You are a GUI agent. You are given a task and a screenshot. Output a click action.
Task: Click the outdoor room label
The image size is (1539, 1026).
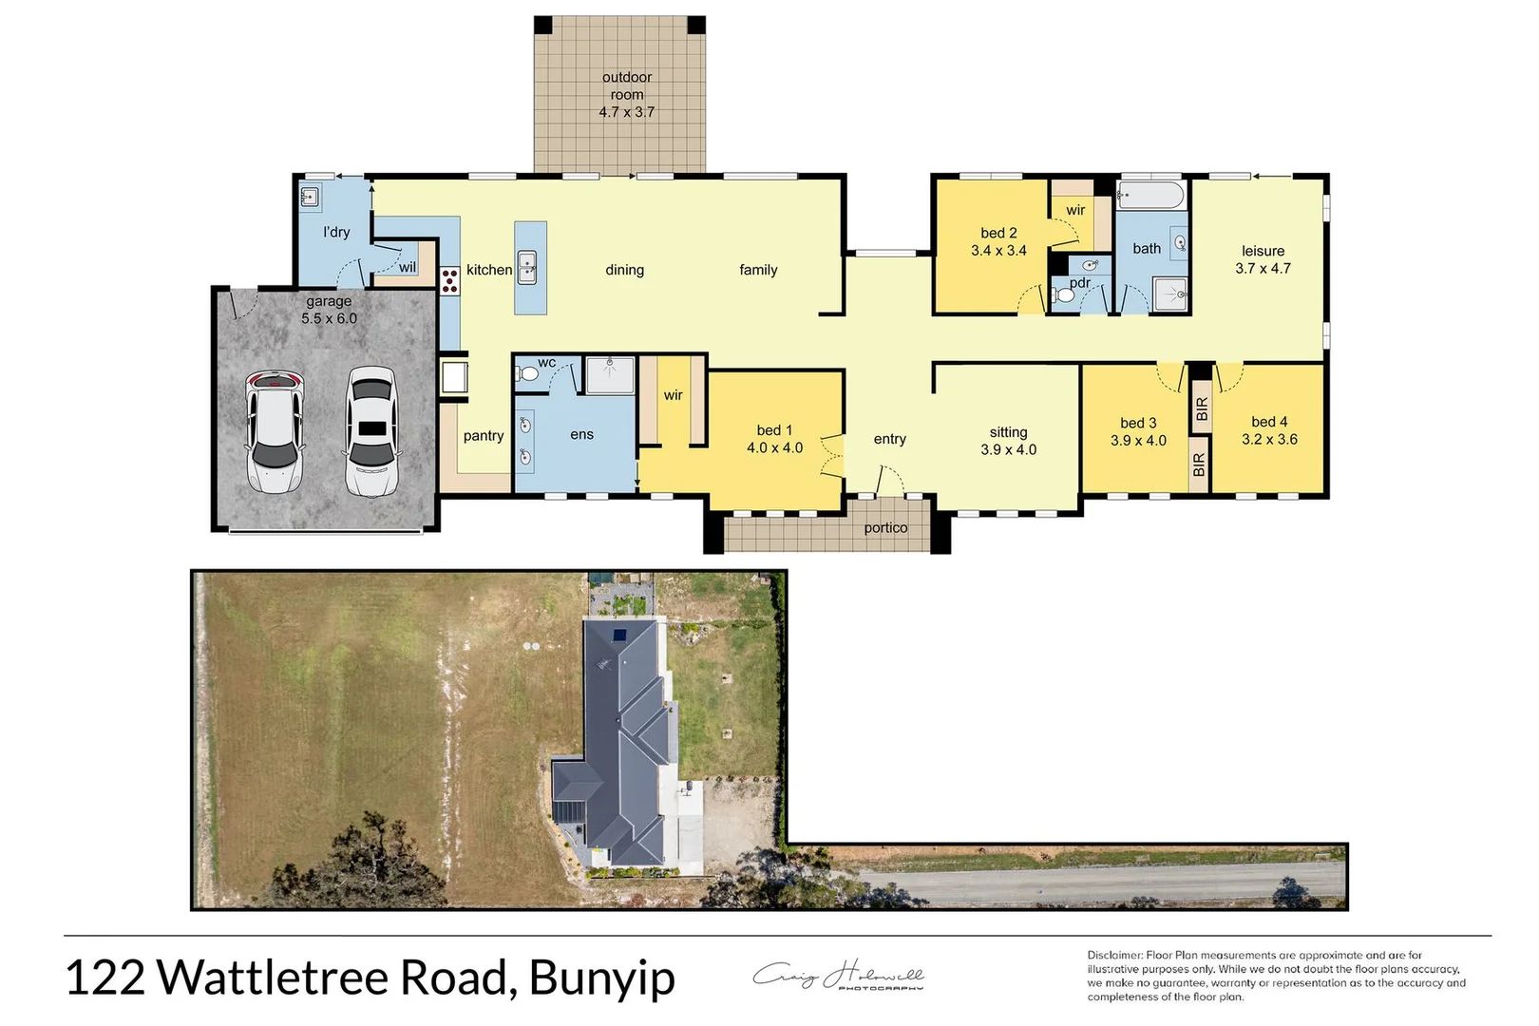(x=627, y=85)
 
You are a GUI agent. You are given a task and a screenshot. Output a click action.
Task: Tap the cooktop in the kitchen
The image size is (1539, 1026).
(x=449, y=277)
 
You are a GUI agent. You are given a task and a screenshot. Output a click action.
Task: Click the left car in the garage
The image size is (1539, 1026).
(x=275, y=431)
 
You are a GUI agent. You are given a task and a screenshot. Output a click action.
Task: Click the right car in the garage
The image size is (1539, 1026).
(x=370, y=431)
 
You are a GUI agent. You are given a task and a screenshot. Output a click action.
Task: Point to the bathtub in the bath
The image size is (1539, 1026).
(x=1150, y=197)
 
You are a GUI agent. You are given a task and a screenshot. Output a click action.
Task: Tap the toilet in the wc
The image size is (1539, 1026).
(x=527, y=374)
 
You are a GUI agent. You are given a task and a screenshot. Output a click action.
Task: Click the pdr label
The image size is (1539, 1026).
(x=1080, y=282)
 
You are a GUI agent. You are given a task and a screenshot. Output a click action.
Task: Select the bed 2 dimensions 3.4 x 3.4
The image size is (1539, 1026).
(x=998, y=251)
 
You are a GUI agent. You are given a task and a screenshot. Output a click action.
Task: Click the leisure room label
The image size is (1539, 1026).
(x=1263, y=251)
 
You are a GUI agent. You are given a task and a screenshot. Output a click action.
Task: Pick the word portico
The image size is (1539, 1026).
(x=885, y=528)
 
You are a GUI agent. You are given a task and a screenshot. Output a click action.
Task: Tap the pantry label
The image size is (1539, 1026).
(x=484, y=436)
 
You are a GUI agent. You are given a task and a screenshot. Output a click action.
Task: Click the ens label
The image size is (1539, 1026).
(x=581, y=435)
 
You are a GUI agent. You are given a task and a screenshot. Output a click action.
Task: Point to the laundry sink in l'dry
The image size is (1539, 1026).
(x=310, y=198)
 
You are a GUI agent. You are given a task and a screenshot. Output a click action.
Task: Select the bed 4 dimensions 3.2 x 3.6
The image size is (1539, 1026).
(x=1269, y=439)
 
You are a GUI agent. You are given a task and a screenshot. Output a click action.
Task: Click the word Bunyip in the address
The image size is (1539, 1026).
(x=601, y=978)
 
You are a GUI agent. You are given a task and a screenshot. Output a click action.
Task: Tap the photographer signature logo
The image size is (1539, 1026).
(x=838, y=976)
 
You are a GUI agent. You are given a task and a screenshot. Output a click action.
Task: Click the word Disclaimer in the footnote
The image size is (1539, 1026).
(x=1114, y=955)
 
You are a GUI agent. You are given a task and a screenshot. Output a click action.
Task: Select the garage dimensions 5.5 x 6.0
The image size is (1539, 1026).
(x=329, y=318)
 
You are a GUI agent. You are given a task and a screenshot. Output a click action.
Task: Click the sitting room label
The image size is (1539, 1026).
(x=1008, y=432)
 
